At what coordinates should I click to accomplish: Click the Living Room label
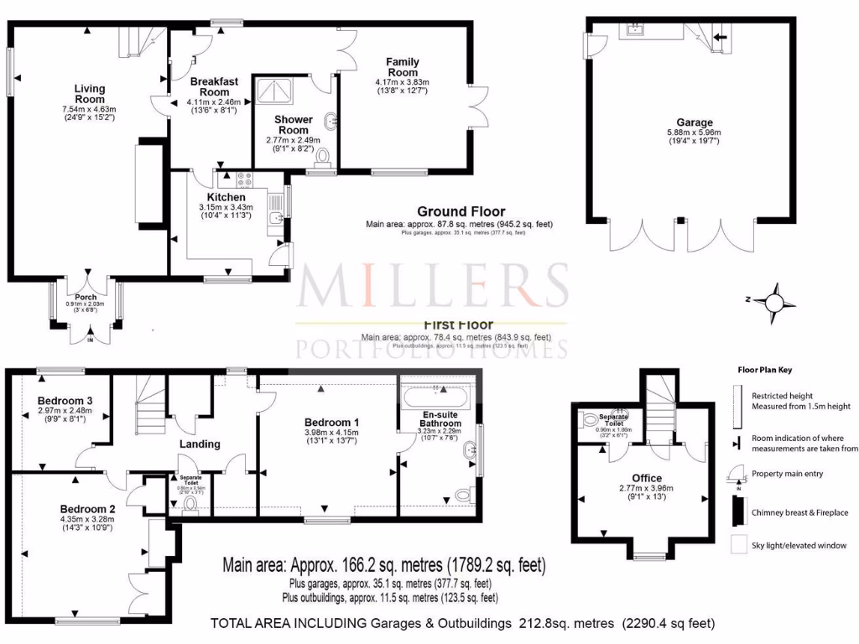[89, 94]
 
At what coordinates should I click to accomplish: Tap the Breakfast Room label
[214, 86]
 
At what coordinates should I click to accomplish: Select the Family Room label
[402, 67]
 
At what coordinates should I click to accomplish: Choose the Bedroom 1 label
[332, 422]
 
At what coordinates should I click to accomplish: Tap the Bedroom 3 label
[65, 400]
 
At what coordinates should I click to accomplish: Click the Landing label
[200, 444]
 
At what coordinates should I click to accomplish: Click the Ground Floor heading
[461, 211]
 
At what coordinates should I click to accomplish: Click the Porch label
[86, 298]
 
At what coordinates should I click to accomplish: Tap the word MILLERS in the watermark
[434, 287]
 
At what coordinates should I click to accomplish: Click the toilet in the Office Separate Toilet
[592, 418]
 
